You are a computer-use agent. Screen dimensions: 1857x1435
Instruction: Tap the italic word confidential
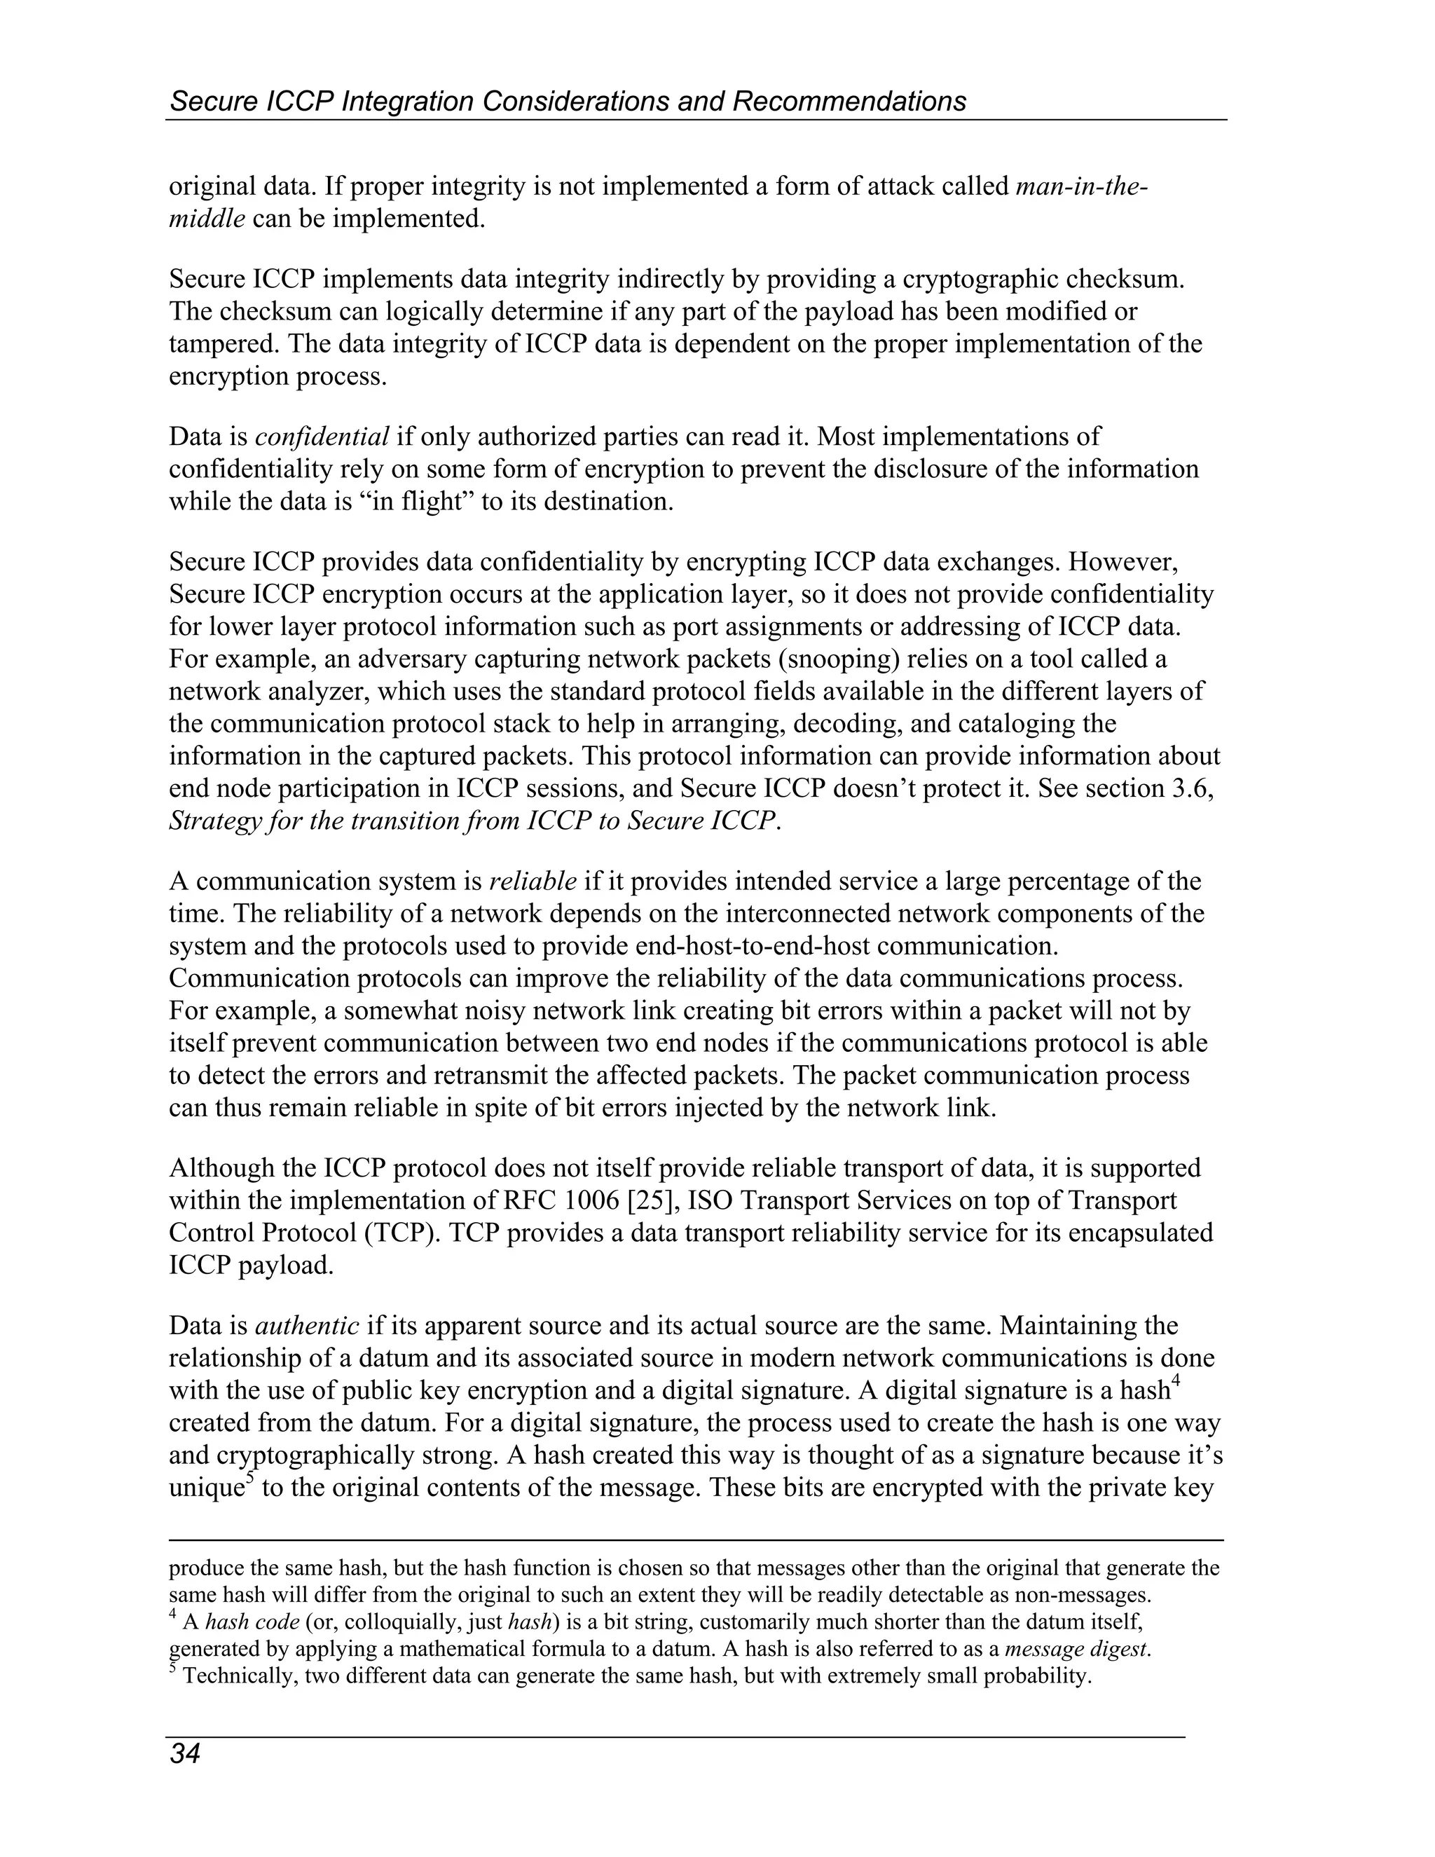tap(322, 437)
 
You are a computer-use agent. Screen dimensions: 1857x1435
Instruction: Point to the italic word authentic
tap(307, 1326)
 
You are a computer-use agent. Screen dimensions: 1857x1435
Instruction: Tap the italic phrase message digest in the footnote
tap(1078, 1650)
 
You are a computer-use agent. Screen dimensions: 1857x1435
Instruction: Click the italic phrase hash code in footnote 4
tap(252, 1622)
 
